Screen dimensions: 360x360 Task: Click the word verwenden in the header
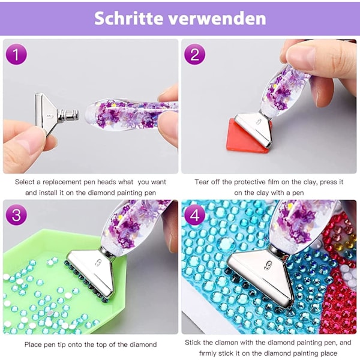click(x=217, y=19)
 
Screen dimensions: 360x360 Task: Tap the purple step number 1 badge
click(x=16, y=55)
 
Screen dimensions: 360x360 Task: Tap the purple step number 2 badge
click(x=194, y=55)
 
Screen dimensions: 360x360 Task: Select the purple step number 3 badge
click(x=16, y=215)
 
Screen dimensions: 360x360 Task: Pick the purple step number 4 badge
click(x=194, y=215)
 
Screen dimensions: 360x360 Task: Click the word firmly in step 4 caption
click(x=207, y=353)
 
